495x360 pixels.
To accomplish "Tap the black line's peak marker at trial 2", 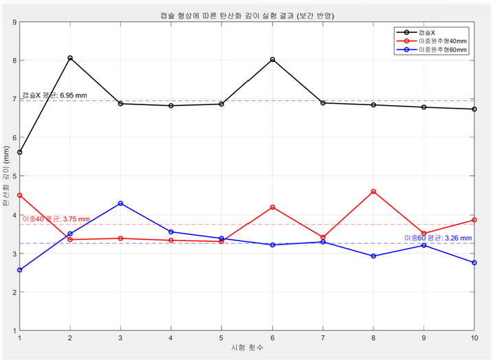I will tap(70, 58).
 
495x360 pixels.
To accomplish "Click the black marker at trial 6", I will tap(273, 60).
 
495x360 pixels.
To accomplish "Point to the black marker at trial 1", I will tap(20, 153).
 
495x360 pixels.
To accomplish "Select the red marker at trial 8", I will tap(373, 191).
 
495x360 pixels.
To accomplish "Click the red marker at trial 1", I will tap(20, 195).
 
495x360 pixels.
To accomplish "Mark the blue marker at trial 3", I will tap(121, 203).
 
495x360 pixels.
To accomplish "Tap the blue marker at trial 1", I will tap(20, 270).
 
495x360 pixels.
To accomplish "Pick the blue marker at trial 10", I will tap(474, 262).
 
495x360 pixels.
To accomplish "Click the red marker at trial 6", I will tap(273, 207).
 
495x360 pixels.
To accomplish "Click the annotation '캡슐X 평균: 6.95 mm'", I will tap(54, 94).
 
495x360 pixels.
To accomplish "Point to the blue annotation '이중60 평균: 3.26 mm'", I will tap(437, 238).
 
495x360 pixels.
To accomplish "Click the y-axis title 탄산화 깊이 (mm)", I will tap(6, 177).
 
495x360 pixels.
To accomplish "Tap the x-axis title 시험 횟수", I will tap(247, 349).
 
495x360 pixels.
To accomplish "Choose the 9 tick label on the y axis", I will tap(14, 22).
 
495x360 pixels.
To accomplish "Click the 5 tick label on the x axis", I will tap(221, 338).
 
